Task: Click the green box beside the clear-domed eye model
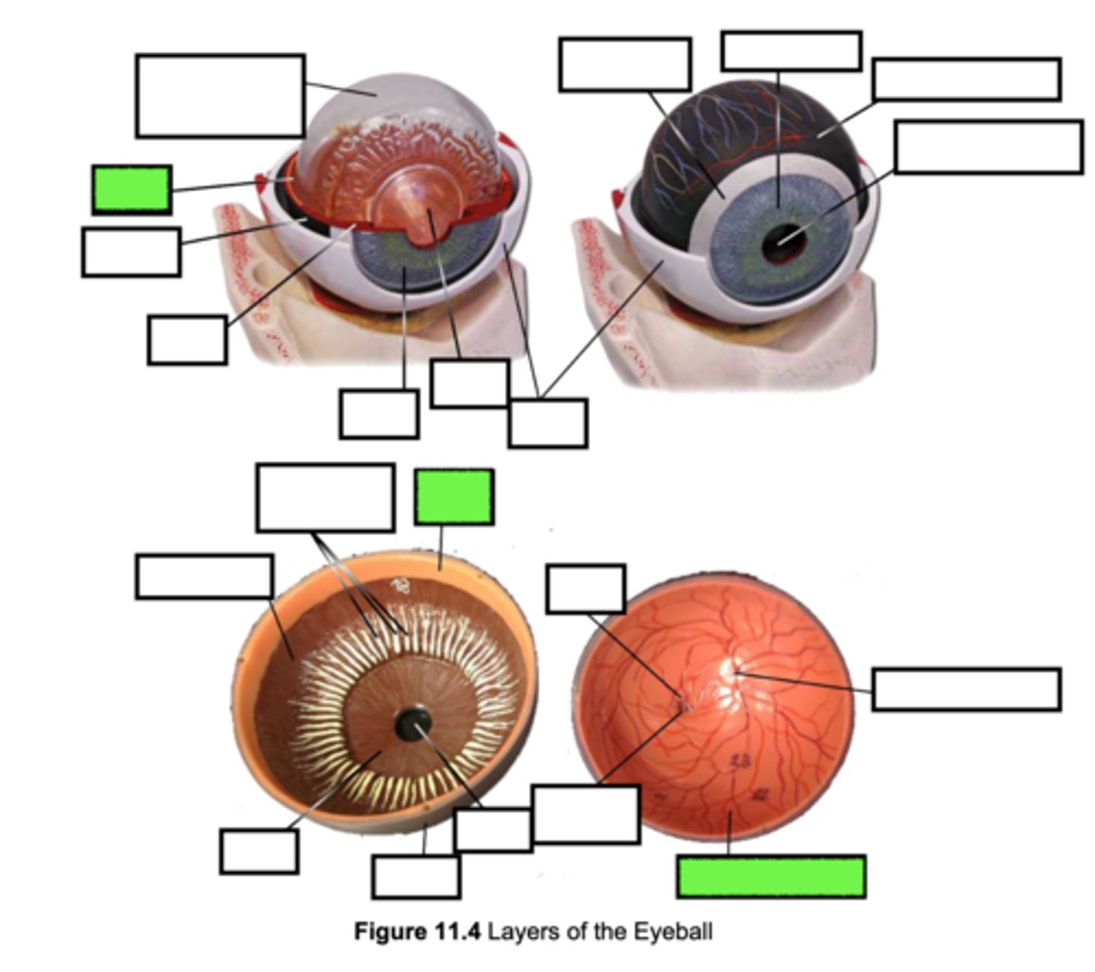click(x=131, y=190)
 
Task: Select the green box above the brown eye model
click(x=454, y=497)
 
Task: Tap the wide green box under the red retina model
click(x=771, y=876)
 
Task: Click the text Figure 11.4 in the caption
click(x=417, y=932)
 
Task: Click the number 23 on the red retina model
click(x=739, y=760)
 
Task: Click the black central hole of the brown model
click(x=413, y=723)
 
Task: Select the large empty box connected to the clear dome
click(x=220, y=96)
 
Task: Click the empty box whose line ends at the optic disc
click(x=966, y=689)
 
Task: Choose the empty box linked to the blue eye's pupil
click(x=988, y=147)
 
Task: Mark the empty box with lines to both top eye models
click(x=548, y=423)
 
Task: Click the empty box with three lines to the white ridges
click(x=325, y=497)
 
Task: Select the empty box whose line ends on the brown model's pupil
click(x=493, y=829)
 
